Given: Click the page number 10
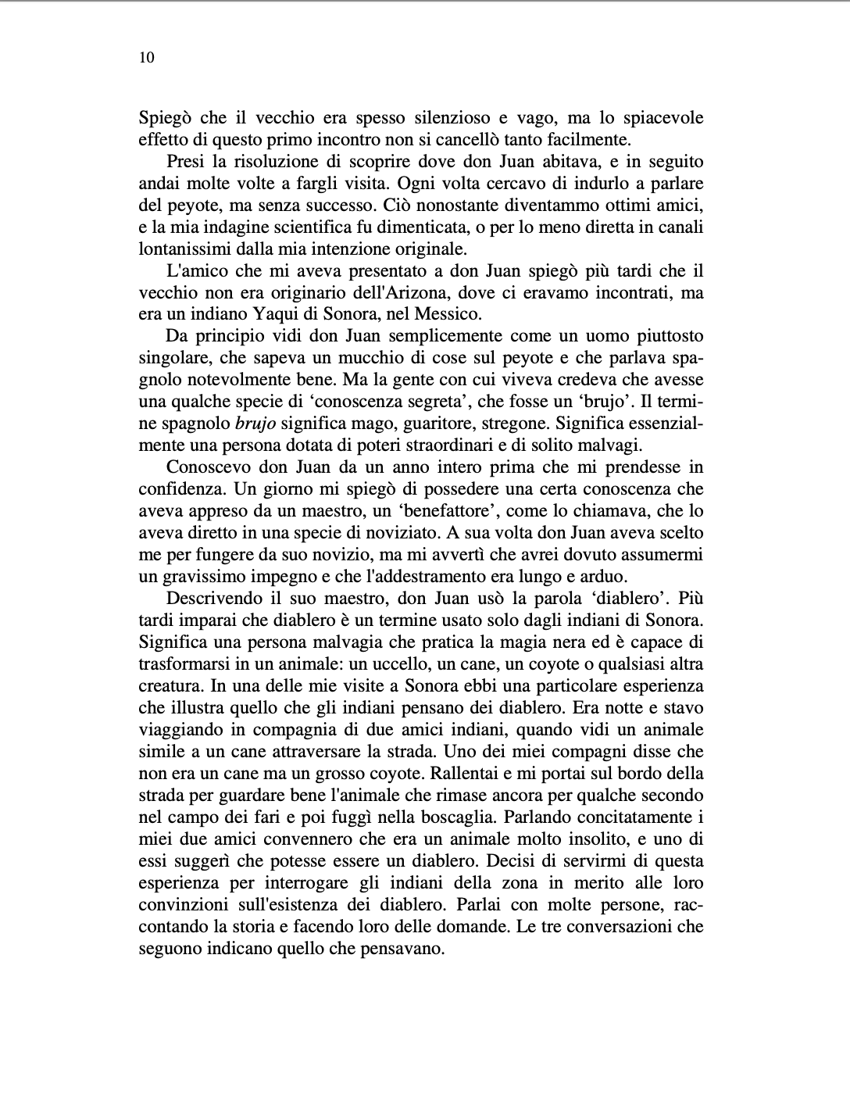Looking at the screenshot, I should (x=146, y=58).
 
